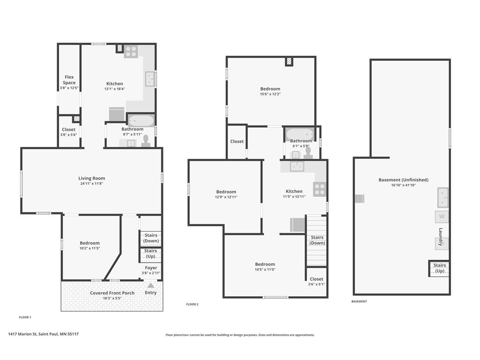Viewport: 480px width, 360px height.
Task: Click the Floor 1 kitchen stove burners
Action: (131, 52)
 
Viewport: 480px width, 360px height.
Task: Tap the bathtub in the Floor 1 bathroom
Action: (141, 120)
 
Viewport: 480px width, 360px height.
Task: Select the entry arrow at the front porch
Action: (150, 285)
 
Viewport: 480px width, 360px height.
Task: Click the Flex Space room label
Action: (69, 80)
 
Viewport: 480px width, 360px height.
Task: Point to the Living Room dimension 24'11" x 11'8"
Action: (91, 184)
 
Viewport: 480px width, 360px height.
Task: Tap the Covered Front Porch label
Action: (112, 293)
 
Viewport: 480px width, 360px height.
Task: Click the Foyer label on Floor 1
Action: (151, 268)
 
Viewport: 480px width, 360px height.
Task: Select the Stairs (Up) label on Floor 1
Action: (150, 254)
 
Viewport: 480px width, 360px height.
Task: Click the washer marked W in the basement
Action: (442, 217)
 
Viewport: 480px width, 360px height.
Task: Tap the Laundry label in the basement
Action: (441, 237)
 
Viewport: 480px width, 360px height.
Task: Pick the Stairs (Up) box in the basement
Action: (439, 268)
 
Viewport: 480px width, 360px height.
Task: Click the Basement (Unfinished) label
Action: (403, 180)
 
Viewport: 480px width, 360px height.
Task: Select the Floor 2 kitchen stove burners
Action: (320, 189)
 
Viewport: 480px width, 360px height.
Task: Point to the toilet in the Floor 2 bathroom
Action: (308, 153)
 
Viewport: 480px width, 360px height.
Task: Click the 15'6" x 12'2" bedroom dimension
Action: (270, 94)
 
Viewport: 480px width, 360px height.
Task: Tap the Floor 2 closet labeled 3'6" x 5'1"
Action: (316, 281)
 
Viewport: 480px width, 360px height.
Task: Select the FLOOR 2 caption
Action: (192, 304)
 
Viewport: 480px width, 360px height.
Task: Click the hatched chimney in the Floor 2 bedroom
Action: (289, 61)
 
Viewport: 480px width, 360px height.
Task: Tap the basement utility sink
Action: (442, 197)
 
